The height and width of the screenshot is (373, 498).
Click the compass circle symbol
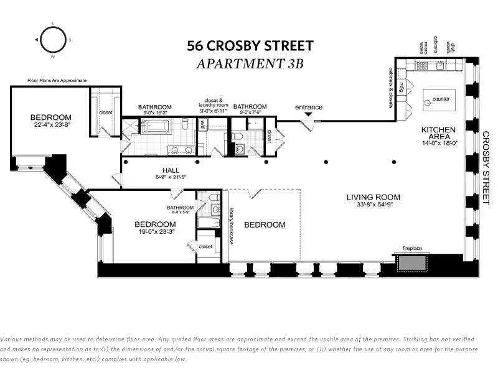tap(52, 40)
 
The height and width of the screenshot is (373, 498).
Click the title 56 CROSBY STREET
tap(250, 46)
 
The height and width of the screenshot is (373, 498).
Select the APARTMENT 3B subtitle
tap(250, 63)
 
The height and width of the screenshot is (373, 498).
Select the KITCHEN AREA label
tap(438, 130)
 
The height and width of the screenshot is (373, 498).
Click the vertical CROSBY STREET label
tap(486, 168)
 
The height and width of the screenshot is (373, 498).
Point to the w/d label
tap(202, 124)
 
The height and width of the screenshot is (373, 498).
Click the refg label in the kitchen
tap(402, 86)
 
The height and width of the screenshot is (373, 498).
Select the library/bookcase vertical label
tap(230, 225)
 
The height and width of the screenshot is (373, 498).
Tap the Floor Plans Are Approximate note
tap(57, 80)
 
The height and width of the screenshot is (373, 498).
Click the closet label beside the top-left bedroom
tap(106, 113)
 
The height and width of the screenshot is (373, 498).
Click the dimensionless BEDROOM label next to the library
tap(264, 224)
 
